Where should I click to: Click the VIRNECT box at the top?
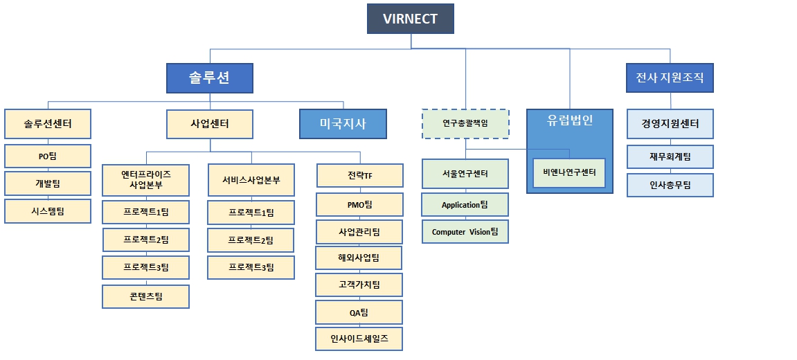point(410,19)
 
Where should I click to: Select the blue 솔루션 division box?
point(209,78)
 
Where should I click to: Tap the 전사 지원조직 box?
point(670,78)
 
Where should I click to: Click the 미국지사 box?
point(343,124)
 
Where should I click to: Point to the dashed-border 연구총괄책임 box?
point(465,124)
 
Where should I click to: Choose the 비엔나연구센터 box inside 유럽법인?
point(569,173)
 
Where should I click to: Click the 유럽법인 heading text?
point(569,120)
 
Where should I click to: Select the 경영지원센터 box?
point(670,124)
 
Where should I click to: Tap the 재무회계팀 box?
point(670,156)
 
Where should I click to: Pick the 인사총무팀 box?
point(670,185)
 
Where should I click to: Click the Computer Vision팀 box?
point(465,232)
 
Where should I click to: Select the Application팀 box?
point(465,204)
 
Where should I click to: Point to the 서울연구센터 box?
point(465,174)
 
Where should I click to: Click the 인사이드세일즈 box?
point(359,339)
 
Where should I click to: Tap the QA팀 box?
point(359,312)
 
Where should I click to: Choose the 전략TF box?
point(359,176)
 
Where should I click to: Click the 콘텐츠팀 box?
point(145,296)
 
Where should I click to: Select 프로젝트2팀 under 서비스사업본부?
point(251,240)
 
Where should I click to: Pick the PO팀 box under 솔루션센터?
point(48,156)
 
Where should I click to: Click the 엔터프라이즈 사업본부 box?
point(145,179)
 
